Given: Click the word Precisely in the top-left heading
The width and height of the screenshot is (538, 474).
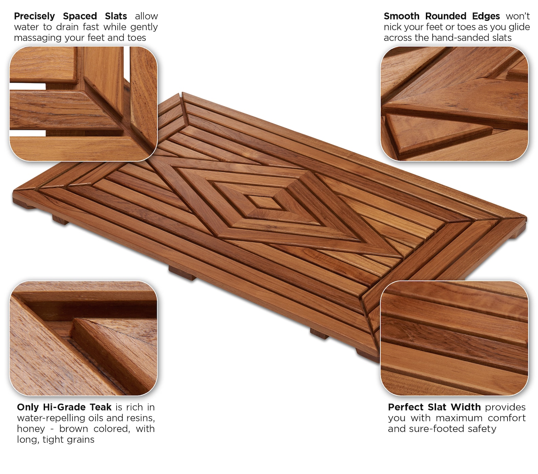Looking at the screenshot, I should (x=34, y=16).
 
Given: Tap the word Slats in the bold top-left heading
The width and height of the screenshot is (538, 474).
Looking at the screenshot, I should (x=116, y=16).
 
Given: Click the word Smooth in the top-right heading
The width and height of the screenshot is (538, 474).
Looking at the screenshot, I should (x=401, y=16).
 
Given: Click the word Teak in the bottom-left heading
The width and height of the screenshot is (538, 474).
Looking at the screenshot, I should (x=100, y=407).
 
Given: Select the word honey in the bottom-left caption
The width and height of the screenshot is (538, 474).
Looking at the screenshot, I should (x=31, y=429).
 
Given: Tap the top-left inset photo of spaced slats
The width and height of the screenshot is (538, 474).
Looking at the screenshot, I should (x=83, y=103).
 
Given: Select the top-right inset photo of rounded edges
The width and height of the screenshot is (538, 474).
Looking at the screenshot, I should (x=454, y=103).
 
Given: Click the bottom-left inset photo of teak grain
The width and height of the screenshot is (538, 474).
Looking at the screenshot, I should (x=83, y=338).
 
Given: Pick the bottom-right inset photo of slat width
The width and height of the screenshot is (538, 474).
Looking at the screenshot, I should (x=454, y=338).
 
